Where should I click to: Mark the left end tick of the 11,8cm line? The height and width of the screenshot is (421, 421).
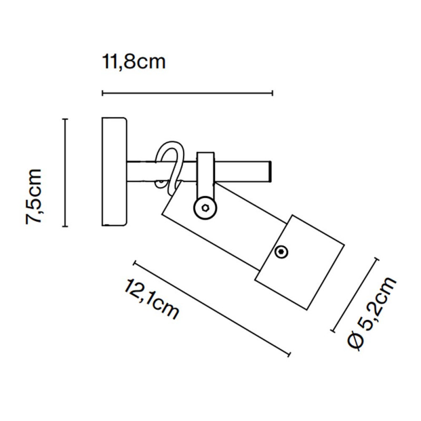click(x=102, y=93)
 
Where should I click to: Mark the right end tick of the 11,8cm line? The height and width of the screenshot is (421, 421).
click(x=272, y=93)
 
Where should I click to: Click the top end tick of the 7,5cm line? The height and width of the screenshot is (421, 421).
click(x=65, y=119)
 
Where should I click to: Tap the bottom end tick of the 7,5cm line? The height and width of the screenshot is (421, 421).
click(x=65, y=226)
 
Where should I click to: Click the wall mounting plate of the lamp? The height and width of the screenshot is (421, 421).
click(x=114, y=172)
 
